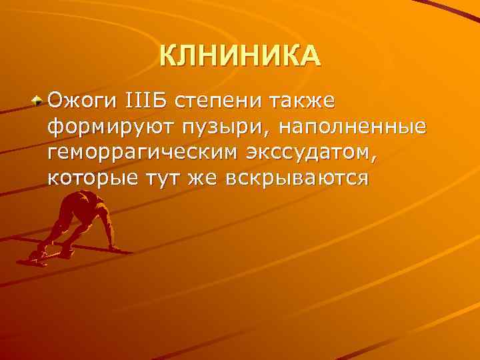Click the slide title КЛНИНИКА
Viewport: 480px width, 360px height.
click(x=240, y=56)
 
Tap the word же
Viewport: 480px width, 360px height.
click(x=198, y=179)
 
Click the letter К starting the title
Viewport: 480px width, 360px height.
click(x=168, y=56)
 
